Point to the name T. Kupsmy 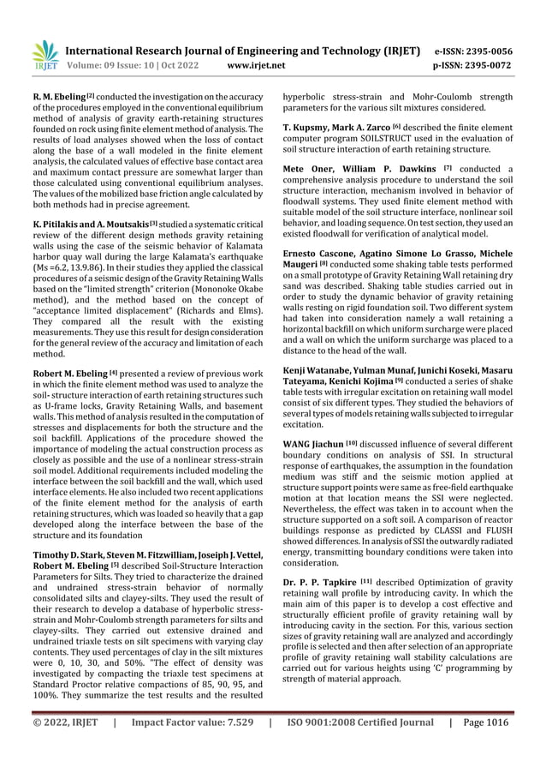(x=310, y=128)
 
